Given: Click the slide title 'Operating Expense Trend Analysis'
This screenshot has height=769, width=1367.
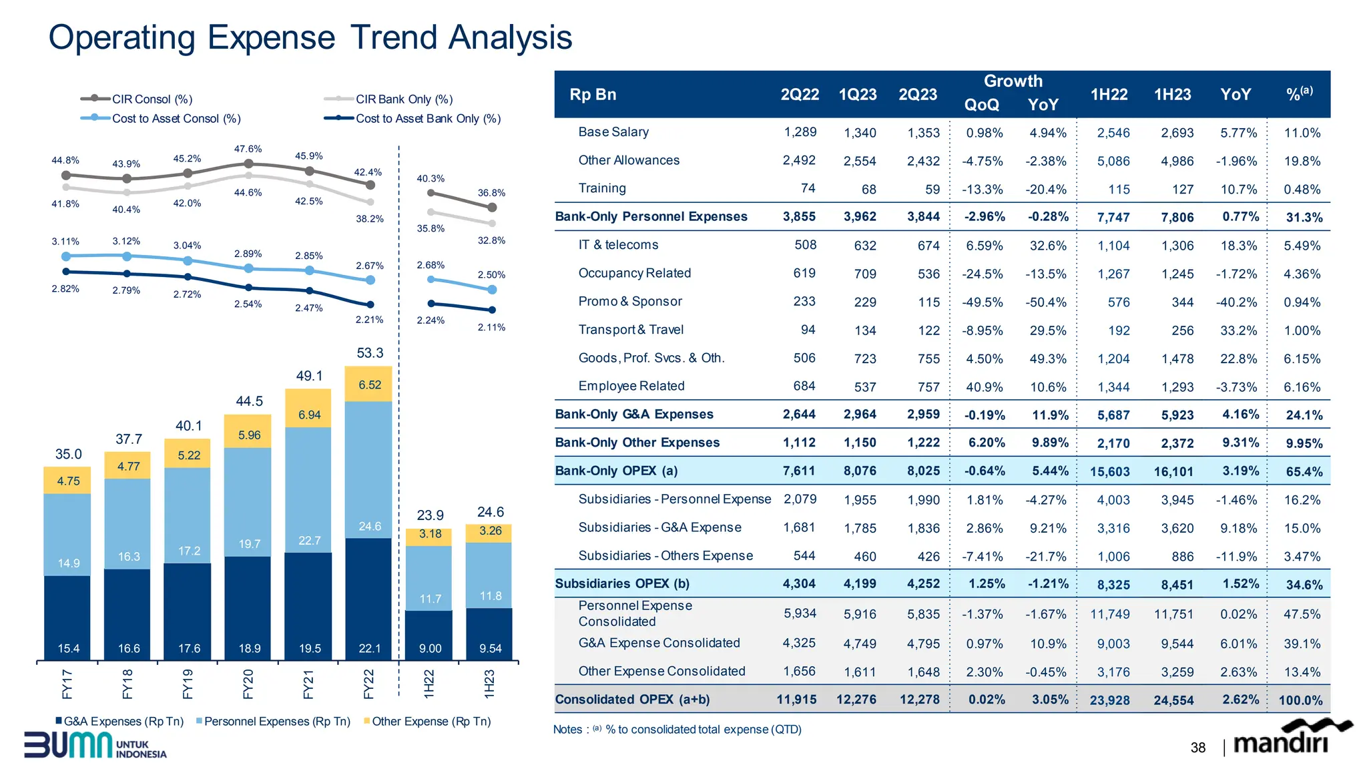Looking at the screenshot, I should (x=310, y=37).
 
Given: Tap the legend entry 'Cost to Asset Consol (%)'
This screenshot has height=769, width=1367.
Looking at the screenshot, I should (x=176, y=119).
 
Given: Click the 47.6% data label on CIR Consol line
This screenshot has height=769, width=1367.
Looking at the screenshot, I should (x=248, y=149).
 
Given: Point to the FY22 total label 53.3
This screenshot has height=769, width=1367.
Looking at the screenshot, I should (x=370, y=353).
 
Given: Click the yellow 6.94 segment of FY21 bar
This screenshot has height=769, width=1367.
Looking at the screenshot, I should (x=309, y=415).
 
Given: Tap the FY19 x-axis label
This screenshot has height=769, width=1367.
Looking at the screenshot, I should (x=188, y=684).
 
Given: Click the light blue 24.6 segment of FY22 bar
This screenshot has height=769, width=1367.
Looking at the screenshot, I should (x=369, y=527).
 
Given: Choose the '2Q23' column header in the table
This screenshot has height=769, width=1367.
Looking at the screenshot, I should (x=917, y=95).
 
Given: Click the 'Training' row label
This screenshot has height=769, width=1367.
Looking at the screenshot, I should (x=602, y=188).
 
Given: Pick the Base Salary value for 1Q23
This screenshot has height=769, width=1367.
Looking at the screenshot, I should (x=860, y=133).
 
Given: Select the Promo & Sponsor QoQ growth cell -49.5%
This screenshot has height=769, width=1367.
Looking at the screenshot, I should (x=982, y=302).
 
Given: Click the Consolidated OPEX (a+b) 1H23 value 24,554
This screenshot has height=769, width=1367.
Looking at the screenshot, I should (x=1173, y=700).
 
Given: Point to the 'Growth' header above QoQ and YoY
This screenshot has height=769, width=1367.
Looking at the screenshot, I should (x=1013, y=81).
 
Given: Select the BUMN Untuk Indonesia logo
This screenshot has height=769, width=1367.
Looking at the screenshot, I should (x=95, y=745).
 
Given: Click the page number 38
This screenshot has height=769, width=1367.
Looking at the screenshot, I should (x=1197, y=748).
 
